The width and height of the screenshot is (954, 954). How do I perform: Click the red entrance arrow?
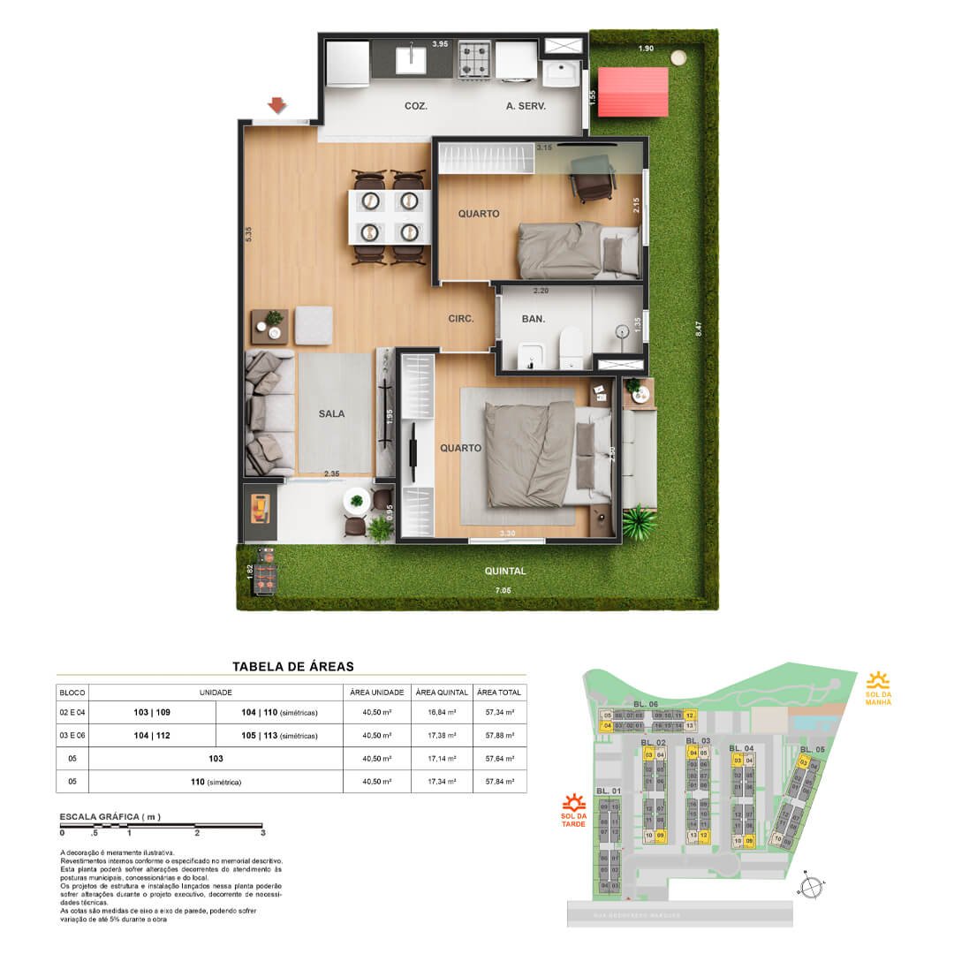[277, 106]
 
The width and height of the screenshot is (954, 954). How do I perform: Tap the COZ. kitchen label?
[416, 106]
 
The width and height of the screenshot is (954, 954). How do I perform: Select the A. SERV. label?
[526, 106]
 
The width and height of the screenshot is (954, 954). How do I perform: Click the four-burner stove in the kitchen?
[475, 58]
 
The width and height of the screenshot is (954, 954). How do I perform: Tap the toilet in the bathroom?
[572, 347]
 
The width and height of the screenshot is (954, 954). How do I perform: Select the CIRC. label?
[461, 320]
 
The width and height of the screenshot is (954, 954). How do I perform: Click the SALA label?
[332, 413]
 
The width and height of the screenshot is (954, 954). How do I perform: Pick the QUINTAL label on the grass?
[505, 572]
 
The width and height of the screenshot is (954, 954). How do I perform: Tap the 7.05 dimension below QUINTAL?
[503, 589]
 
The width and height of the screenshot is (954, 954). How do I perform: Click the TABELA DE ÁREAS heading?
[292, 667]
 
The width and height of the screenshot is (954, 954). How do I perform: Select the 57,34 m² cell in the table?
[499, 712]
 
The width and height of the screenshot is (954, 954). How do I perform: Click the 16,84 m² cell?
[443, 712]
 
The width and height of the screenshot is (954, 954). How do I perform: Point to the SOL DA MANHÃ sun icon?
[878, 680]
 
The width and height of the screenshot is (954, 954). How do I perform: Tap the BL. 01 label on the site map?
[609, 791]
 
